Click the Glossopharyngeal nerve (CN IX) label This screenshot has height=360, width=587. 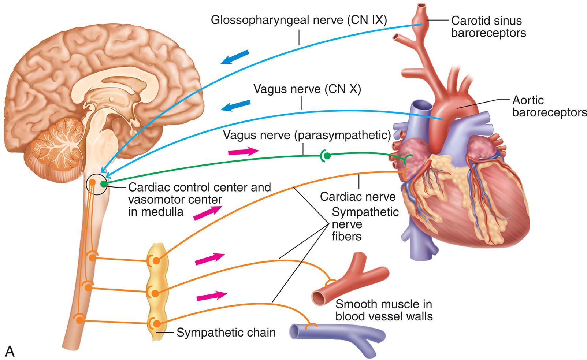298,20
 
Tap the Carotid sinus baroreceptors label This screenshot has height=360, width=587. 488,26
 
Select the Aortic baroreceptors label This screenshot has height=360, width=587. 549,106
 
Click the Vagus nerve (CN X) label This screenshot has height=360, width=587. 307,89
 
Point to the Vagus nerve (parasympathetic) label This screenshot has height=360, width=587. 307,136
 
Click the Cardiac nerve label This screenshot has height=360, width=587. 358,197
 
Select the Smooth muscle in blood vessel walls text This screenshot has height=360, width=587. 384,310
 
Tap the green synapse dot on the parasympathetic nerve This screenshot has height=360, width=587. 327,156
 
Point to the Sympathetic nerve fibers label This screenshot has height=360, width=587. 365,224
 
